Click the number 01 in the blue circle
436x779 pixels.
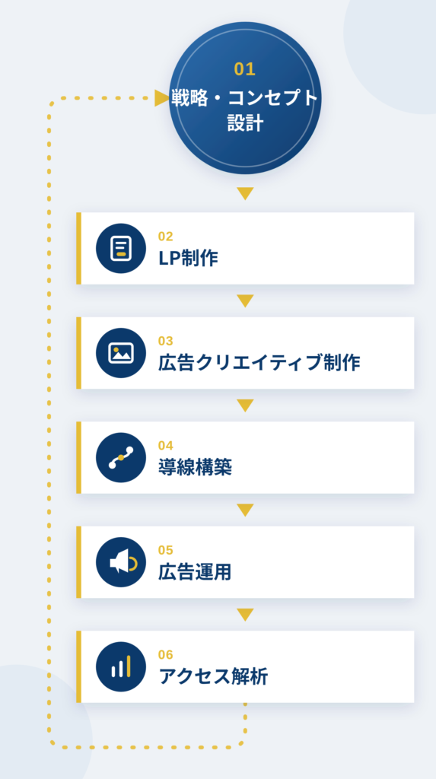(244, 69)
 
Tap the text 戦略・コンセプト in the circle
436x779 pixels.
(244, 98)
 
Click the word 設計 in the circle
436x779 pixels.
(245, 123)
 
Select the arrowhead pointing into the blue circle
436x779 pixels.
(162, 98)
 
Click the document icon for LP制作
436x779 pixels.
(121, 248)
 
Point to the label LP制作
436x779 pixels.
(189, 259)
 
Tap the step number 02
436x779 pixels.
(166, 237)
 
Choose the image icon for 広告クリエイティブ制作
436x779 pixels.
(121, 353)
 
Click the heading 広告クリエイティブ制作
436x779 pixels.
(259, 363)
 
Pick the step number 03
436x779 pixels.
(166, 341)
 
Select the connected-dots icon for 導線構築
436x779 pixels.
(121, 457)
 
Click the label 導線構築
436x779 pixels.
(196, 468)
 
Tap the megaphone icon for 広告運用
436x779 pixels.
(121, 562)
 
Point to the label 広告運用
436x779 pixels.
(195, 572)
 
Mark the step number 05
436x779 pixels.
(166, 551)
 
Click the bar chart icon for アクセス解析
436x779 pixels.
(121, 666)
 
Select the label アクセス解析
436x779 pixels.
(213, 676)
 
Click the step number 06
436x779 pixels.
(166, 655)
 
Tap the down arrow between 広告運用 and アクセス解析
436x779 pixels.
(245, 615)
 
